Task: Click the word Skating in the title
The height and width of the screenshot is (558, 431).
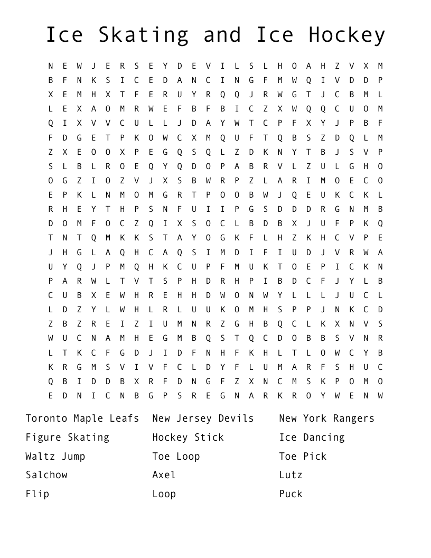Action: tap(143, 35)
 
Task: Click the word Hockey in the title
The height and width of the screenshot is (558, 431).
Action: tap(347, 35)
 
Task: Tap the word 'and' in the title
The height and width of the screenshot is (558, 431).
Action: tap(222, 35)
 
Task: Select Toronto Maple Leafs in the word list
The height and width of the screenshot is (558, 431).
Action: tap(82, 418)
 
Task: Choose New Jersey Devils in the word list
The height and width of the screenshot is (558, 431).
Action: tap(203, 418)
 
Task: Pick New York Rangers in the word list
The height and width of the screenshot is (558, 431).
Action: tap(326, 418)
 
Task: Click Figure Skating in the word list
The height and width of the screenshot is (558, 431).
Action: tap(68, 438)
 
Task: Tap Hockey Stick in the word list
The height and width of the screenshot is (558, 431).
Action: tap(188, 438)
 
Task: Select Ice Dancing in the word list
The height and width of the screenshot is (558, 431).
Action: tap(312, 438)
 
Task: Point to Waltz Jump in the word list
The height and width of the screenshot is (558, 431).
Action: tap(55, 457)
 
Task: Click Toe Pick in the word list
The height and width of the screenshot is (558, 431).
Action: tap(303, 457)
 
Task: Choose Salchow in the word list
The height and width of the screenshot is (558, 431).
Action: tap(46, 475)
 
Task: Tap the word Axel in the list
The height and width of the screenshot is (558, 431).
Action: tap(164, 475)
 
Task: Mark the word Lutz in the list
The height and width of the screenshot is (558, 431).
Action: tap(291, 475)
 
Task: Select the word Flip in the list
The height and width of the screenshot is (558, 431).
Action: tap(38, 494)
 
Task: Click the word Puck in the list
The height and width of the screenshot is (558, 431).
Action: tap(291, 494)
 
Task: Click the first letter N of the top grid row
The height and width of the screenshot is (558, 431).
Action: tap(51, 66)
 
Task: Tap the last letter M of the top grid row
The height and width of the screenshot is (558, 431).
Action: tap(380, 66)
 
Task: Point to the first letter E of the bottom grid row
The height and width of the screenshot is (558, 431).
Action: tap(51, 395)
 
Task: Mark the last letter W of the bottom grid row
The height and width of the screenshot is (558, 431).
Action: tap(380, 395)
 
